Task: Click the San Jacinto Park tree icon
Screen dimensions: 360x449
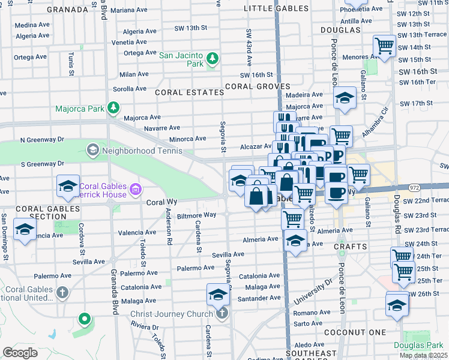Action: tap(211, 58)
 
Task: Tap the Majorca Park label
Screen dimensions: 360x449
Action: tap(79, 109)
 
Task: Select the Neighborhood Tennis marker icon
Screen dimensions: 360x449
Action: tap(92, 149)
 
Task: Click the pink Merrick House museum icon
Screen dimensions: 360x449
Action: tap(136, 190)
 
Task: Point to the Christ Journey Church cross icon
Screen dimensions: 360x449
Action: tap(222, 313)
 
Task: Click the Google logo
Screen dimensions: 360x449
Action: tap(20, 353)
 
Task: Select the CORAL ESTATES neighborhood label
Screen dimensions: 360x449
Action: tap(181, 92)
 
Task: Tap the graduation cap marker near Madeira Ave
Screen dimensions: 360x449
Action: tap(345, 98)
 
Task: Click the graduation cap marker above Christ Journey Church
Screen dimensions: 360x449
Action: tap(218, 294)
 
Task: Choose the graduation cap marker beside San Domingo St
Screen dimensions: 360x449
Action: tap(25, 230)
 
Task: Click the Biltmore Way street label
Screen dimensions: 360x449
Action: tap(195, 215)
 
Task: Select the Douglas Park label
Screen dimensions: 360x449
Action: tap(418, 345)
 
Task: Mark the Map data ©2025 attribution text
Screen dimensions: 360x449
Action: tap(423, 355)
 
